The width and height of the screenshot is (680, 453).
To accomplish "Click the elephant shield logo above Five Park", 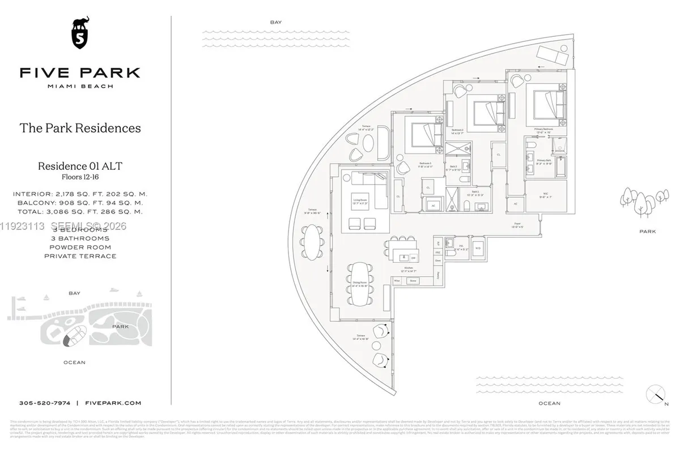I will [80, 33].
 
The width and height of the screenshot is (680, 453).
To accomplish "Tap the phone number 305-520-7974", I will [45, 403].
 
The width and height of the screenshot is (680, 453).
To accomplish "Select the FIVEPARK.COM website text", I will [112, 403].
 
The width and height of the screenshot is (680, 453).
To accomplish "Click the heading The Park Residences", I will [80, 128].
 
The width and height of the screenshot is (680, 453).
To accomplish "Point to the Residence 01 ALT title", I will [80, 166].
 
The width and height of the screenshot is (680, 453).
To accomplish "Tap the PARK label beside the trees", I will [647, 232].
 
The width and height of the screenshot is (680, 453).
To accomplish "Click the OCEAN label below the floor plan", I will [549, 403].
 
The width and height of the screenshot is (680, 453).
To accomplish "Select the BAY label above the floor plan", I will [276, 22].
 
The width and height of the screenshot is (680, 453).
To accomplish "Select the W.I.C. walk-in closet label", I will [545, 193].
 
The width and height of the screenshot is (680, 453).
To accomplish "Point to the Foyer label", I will [517, 223].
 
